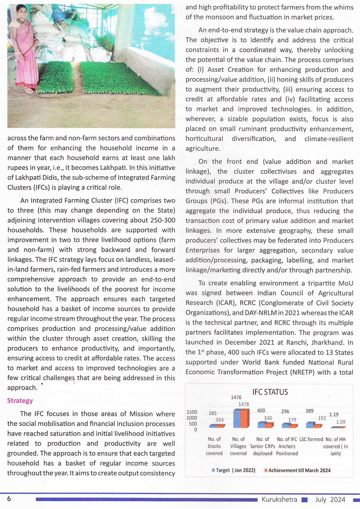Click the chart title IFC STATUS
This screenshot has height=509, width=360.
[x=270, y=392]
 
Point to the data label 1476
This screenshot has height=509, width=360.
[x=236, y=397]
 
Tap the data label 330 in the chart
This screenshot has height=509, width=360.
[x=268, y=418]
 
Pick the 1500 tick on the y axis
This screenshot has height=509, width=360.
[x=192, y=412]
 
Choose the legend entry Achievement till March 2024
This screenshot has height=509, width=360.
[x=297, y=470]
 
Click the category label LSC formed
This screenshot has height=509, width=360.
[x=311, y=439]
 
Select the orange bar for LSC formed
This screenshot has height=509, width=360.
[x=317, y=426]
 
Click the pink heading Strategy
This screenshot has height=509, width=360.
[x=20, y=401]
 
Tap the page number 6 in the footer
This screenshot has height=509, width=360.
[x=9, y=499]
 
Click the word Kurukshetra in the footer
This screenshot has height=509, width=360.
[x=279, y=500]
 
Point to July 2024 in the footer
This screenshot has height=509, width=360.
[x=330, y=500]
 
